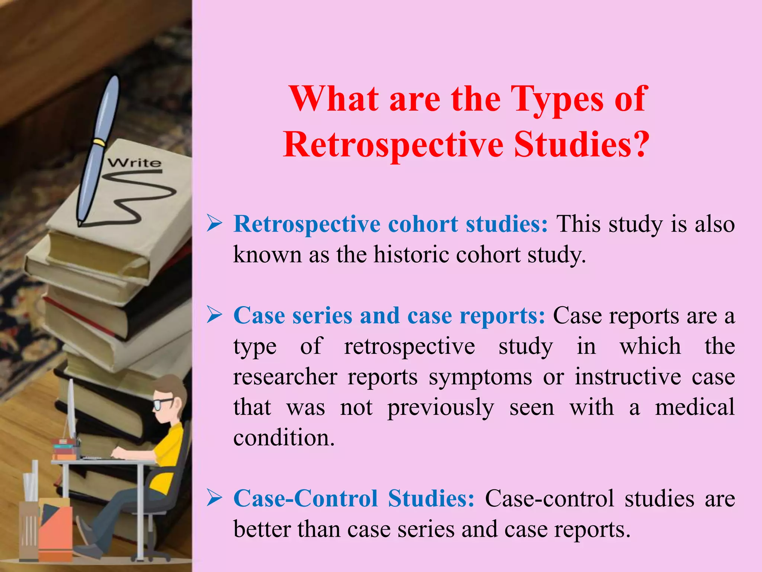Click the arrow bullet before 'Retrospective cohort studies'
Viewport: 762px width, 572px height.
(x=215, y=224)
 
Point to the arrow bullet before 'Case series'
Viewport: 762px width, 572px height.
(x=215, y=315)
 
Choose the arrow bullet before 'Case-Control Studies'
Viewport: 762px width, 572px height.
(x=215, y=498)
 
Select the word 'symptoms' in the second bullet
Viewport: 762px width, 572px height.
(x=480, y=377)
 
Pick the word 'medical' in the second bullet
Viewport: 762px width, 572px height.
(x=695, y=407)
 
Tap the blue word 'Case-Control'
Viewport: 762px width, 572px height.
(x=305, y=498)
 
